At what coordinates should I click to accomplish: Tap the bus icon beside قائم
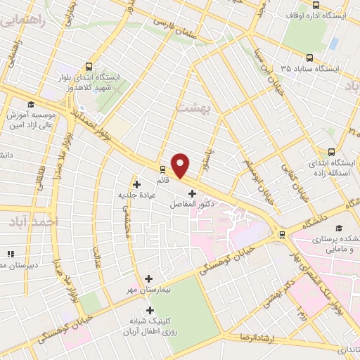click(162, 169)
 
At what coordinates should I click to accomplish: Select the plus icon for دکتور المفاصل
click(192, 193)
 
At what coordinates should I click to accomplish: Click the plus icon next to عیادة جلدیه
click(136, 184)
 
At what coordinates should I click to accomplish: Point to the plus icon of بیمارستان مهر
click(148, 278)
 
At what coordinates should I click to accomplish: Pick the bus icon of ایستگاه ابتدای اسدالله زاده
click(332, 151)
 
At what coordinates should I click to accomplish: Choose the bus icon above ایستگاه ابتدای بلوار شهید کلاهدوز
click(87, 63)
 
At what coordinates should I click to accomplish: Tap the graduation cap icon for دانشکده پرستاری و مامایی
click(340, 229)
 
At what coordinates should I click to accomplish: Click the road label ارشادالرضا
click(255, 338)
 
